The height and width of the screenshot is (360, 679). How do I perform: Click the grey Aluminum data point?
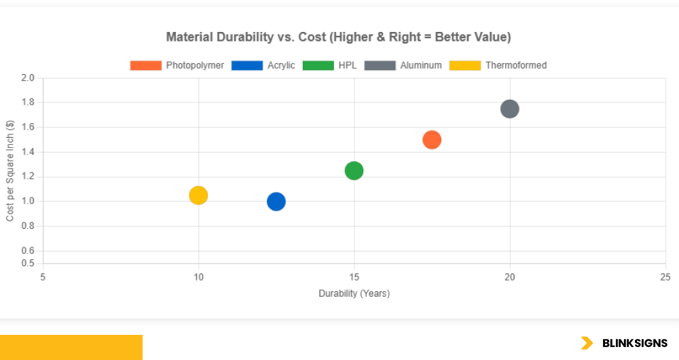pos(509,109)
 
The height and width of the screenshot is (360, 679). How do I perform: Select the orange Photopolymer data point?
pos(432,140)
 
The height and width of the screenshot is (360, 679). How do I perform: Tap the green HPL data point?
pos(354,170)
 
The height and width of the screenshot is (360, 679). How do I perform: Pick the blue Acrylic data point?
pos(276,202)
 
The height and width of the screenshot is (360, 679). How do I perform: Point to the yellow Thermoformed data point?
pos(198,196)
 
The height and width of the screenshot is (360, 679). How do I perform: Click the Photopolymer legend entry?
pos(177,65)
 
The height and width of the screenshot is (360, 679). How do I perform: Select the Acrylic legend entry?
pos(263,65)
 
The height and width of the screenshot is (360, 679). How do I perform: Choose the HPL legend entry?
pos(329,65)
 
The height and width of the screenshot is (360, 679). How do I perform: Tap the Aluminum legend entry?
pos(403,65)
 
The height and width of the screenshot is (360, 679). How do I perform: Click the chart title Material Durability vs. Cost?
pos(339,37)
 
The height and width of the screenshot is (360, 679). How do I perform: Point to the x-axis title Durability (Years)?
pos(354,293)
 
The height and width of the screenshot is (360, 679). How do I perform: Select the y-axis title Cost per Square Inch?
pos(10,170)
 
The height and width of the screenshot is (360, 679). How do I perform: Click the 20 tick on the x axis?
pos(509,276)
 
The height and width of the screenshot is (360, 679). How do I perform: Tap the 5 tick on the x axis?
pos(43,276)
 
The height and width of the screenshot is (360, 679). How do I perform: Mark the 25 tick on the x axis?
pos(665,276)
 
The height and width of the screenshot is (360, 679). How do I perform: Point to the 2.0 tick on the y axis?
pos(28,78)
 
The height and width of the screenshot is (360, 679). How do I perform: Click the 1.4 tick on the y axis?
pos(28,152)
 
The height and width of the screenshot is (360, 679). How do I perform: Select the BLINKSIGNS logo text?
pos(635,343)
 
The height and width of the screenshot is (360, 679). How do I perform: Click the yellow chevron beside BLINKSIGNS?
pos(587,343)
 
